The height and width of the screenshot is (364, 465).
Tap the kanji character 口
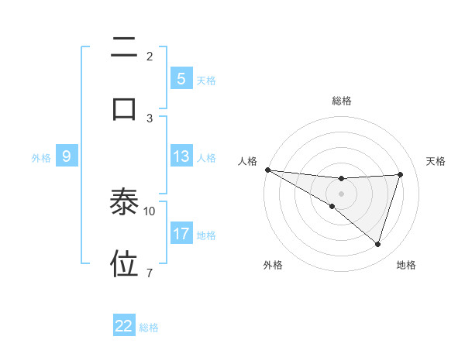click(x=124, y=108)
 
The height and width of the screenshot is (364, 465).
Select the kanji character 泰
click(x=124, y=203)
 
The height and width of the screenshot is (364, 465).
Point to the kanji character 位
click(x=124, y=263)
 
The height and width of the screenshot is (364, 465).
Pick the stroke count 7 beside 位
click(x=150, y=273)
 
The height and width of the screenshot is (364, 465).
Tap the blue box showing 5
click(x=181, y=79)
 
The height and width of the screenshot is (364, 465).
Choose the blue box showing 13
click(x=181, y=156)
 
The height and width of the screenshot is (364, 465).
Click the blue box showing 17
click(x=181, y=234)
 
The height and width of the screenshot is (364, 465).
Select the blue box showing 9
click(x=67, y=156)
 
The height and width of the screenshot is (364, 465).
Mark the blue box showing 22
click(x=124, y=326)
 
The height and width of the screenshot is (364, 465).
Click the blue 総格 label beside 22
click(x=149, y=327)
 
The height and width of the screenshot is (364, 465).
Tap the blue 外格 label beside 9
click(x=41, y=157)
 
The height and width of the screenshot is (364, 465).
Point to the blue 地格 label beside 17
click(x=206, y=235)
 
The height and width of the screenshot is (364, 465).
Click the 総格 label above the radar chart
click(x=341, y=101)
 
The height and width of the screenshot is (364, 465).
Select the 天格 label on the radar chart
click(x=436, y=161)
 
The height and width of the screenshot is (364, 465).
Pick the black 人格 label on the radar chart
click(x=247, y=161)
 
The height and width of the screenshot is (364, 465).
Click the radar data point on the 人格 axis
click(x=267, y=170)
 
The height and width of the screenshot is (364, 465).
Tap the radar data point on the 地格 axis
click(x=377, y=244)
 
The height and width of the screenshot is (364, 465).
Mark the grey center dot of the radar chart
click(x=341, y=193)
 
